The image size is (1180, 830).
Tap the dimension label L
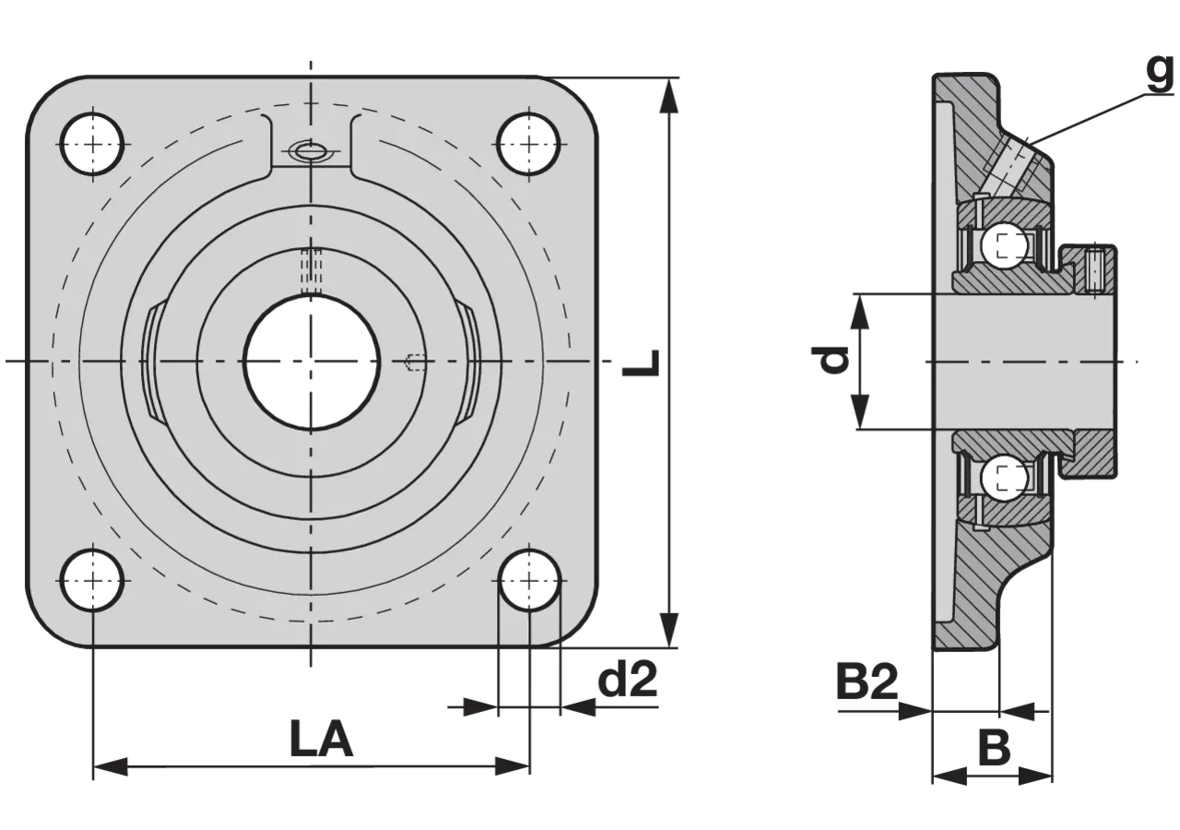(x=641, y=362)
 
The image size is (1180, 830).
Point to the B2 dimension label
(x=867, y=682)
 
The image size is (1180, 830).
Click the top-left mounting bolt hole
(x=93, y=144)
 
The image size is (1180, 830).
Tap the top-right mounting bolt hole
(x=529, y=144)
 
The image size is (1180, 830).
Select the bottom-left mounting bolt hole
(x=93, y=580)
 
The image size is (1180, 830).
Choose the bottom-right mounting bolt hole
(x=529, y=580)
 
